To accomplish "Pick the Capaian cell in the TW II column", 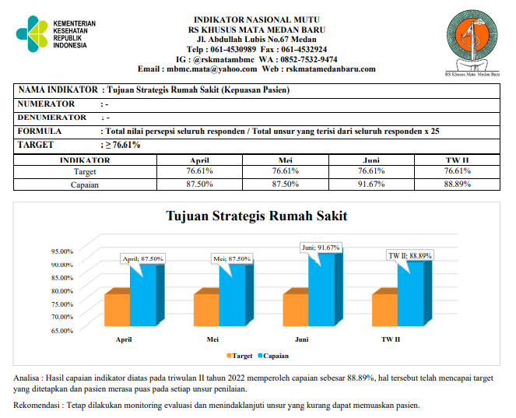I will coord(458,184).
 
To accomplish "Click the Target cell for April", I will coord(199,170).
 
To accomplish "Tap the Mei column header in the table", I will coord(285,160).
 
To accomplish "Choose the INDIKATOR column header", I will coord(85,160).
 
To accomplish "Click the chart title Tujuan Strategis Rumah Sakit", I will coord(257,216).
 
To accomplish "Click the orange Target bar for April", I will coord(117,310).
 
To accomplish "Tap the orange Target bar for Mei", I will coord(206,310).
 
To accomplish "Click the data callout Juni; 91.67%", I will coord(321,247).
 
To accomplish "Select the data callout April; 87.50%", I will coord(141,258).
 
